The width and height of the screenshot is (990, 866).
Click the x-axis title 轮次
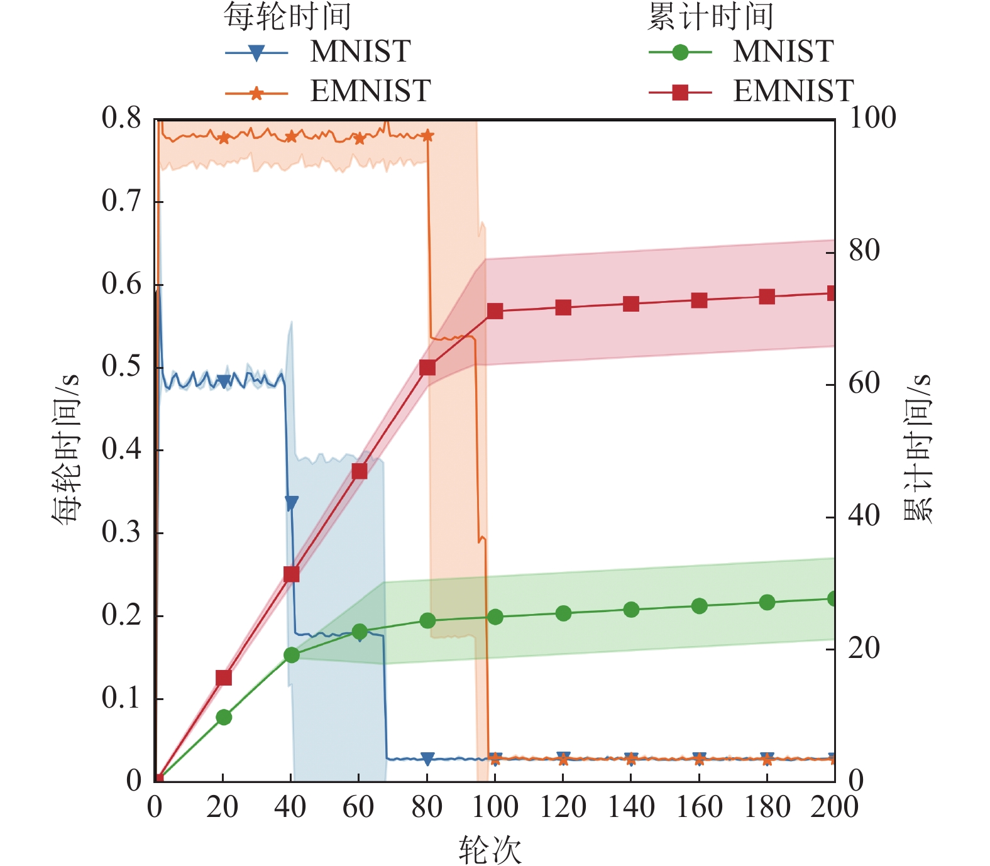click(490, 850)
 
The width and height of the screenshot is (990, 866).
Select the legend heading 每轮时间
click(287, 16)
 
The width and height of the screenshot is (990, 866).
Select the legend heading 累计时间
click(710, 16)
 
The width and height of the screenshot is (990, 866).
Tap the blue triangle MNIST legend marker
click(256, 53)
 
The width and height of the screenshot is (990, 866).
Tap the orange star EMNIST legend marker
click(256, 94)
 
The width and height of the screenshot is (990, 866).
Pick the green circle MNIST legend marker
click(679, 53)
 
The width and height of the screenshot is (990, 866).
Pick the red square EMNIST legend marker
click(679, 93)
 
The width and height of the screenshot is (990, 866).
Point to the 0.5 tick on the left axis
click(121, 367)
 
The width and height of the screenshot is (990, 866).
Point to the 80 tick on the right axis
click(864, 251)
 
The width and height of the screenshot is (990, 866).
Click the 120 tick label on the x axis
click(563, 807)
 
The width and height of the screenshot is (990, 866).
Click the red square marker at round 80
click(427, 367)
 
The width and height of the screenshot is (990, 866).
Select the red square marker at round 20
click(224, 677)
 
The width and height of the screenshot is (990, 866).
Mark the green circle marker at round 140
click(631, 610)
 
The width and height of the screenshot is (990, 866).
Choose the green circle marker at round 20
click(224, 717)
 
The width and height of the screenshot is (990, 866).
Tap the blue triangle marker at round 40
click(292, 503)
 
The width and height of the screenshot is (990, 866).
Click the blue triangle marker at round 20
click(224, 381)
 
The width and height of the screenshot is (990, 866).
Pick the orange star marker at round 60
click(360, 139)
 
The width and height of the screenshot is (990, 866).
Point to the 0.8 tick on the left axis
click(121, 118)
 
